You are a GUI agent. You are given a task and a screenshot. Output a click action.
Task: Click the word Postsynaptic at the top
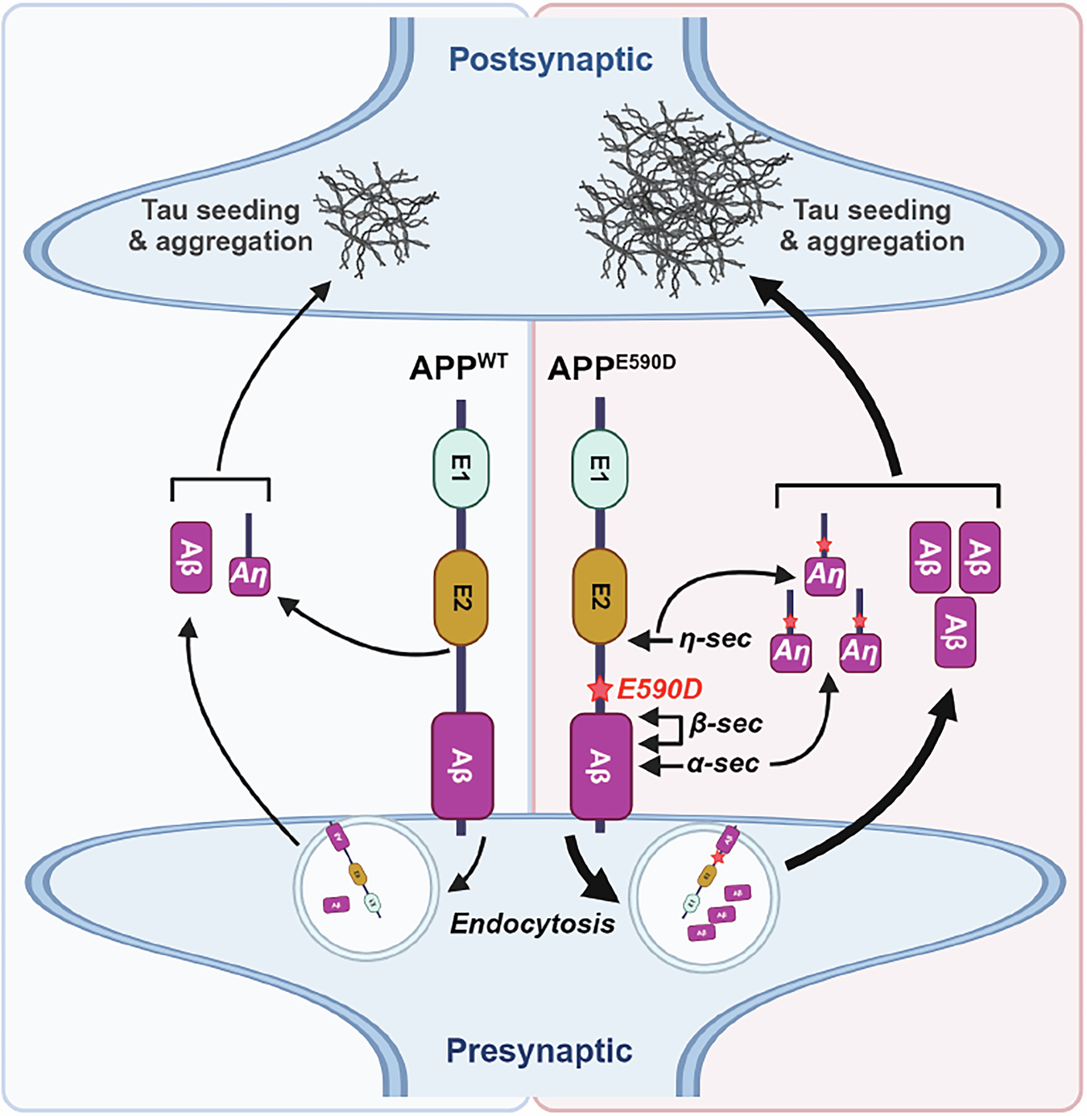point(550,60)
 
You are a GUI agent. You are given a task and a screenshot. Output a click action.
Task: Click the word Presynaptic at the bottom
point(539,1051)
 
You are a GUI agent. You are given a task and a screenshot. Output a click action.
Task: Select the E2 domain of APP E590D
point(599,597)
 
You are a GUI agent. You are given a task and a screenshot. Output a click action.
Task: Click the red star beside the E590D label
point(599,689)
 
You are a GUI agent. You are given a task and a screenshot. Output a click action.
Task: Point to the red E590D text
point(659,689)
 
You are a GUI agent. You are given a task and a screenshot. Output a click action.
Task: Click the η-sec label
point(715,639)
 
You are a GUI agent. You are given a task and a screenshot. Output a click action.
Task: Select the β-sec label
point(725,724)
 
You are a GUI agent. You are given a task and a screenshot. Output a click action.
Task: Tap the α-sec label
point(723,763)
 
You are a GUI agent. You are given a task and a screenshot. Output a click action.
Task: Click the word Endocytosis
point(532,924)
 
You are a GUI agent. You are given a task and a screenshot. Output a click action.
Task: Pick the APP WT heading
point(457,367)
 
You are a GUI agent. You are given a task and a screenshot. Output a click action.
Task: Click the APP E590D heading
point(610,367)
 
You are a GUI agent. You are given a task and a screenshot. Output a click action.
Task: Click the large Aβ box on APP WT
point(462,765)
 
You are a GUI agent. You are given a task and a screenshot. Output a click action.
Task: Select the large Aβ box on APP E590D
point(601,765)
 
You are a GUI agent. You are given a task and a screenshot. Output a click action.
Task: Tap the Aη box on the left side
point(249,575)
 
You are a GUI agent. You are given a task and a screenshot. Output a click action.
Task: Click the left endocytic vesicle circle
point(366,888)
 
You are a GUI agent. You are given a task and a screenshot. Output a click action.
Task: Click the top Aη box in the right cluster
point(825,575)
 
